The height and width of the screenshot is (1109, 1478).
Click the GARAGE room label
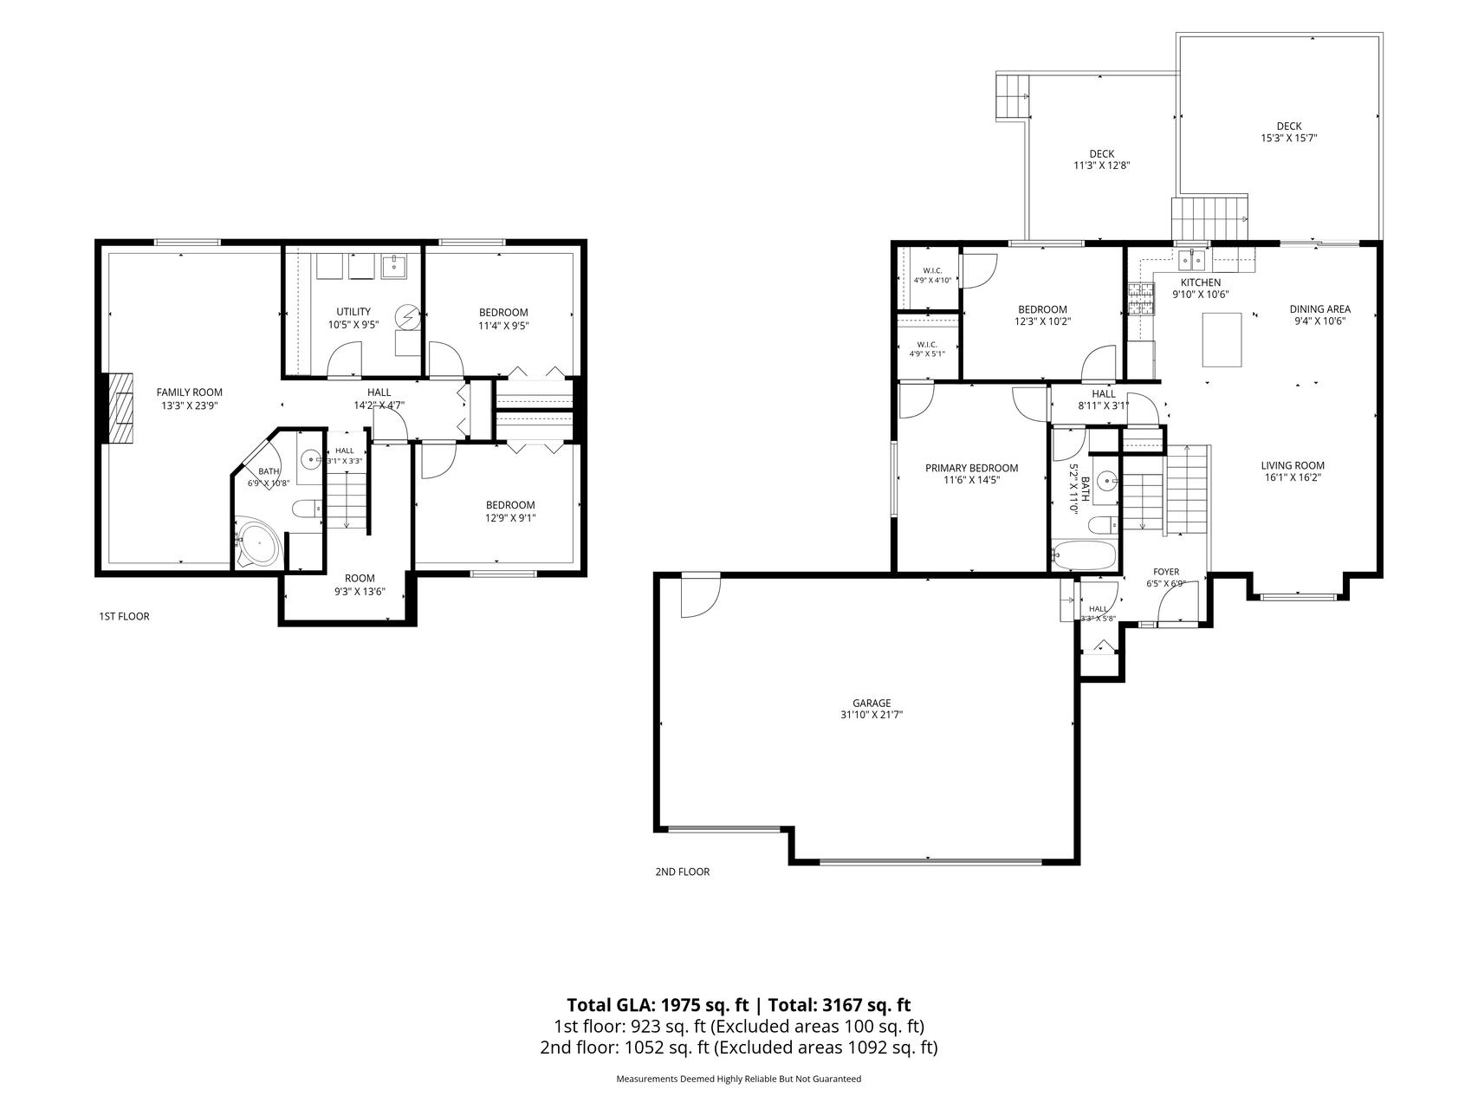point(871,703)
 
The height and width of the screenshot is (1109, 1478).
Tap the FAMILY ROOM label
point(190,392)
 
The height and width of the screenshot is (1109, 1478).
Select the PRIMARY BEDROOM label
point(971,468)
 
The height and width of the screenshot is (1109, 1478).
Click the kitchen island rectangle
point(1222,340)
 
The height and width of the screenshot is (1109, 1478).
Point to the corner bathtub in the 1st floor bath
point(258,543)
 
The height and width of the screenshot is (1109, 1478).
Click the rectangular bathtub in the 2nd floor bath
point(1084,554)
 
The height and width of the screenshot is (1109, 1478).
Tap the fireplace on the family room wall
point(120,408)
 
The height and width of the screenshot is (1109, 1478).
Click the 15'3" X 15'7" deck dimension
point(1289,138)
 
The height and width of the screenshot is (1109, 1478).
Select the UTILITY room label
point(353,312)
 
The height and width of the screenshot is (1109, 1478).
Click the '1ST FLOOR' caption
point(124,617)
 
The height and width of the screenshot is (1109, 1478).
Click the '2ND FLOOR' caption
point(683,872)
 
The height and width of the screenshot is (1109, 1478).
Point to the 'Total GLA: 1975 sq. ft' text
point(658,1005)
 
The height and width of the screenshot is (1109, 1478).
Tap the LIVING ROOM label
point(1293,465)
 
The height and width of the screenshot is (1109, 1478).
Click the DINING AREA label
point(1319,309)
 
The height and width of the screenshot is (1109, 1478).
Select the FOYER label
point(1165,572)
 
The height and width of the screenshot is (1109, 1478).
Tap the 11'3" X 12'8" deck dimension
point(1102,165)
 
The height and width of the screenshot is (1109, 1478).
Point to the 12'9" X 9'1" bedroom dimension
point(510,518)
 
